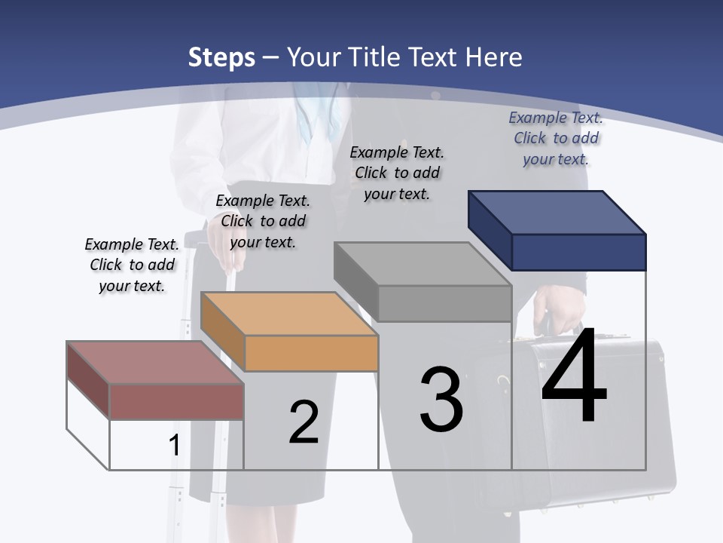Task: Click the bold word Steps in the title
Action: (221, 57)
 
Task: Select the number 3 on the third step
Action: (441, 399)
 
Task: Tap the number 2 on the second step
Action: (304, 422)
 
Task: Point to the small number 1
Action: (174, 445)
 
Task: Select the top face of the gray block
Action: (423, 264)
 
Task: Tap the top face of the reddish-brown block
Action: (155, 363)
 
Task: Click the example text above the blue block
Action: (556, 138)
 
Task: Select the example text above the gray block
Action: (397, 173)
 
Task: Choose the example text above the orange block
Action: (263, 221)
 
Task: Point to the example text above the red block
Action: (132, 265)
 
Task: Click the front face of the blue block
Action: (578, 252)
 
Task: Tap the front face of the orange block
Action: (311, 353)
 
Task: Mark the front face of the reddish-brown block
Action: (176, 401)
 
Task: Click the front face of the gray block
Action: (444, 303)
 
